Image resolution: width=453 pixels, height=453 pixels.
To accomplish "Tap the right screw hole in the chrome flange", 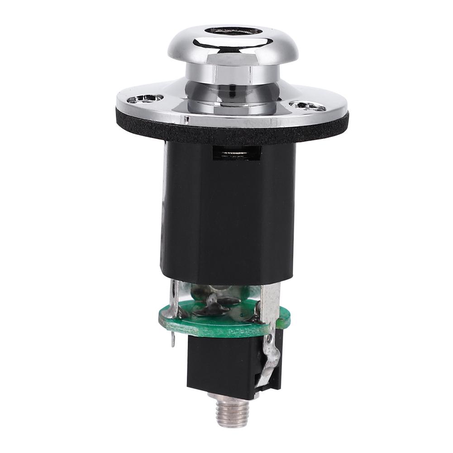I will click(x=307, y=106).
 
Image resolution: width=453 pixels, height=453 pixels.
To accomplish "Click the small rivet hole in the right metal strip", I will click(x=270, y=337).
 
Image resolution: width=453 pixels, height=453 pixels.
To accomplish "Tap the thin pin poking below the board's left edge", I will click(x=172, y=339).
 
